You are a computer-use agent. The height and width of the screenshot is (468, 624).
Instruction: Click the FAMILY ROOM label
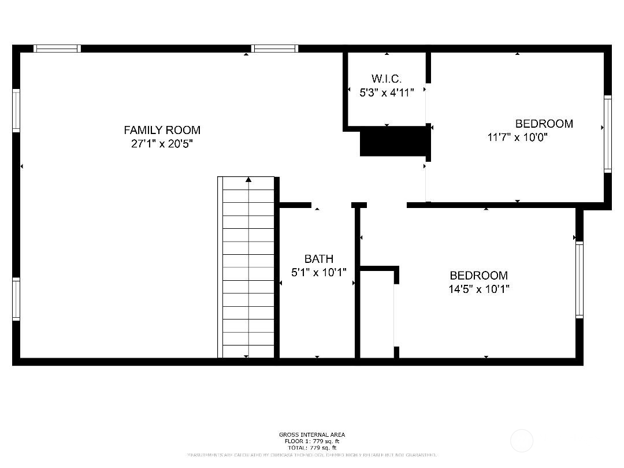[162, 130]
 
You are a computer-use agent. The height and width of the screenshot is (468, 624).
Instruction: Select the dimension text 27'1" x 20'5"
[162, 144]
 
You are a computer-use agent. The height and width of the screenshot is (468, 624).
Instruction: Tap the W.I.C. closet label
[387, 79]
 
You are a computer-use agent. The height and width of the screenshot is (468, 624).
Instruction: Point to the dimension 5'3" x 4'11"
[387, 92]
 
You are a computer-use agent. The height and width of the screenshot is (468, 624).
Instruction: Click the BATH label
[318, 259]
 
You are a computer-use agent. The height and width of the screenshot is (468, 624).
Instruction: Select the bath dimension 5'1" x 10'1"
[318, 272]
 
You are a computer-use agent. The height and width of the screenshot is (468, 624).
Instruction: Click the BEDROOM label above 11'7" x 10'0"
[544, 124]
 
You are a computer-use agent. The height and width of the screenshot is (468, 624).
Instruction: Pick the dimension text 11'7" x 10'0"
[518, 138]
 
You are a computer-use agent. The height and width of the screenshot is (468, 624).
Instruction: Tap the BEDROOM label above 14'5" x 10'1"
[478, 276]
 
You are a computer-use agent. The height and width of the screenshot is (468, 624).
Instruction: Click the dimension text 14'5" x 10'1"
[478, 289]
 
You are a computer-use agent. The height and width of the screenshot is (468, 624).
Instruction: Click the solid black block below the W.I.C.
[395, 142]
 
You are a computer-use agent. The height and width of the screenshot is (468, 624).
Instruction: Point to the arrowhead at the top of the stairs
[248, 180]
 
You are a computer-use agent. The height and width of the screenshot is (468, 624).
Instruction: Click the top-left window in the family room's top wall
[57, 49]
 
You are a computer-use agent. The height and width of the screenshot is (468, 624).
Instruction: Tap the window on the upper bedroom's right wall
[607, 133]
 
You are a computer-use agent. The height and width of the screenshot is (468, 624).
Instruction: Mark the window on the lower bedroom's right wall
[579, 280]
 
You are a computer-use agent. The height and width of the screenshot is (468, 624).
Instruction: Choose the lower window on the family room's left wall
[16, 299]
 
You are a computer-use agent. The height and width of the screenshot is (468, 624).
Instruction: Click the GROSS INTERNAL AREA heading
[312, 434]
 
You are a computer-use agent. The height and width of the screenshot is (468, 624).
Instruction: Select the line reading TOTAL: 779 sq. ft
[312, 448]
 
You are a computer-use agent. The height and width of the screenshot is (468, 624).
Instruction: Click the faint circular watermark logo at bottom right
[522, 441]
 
